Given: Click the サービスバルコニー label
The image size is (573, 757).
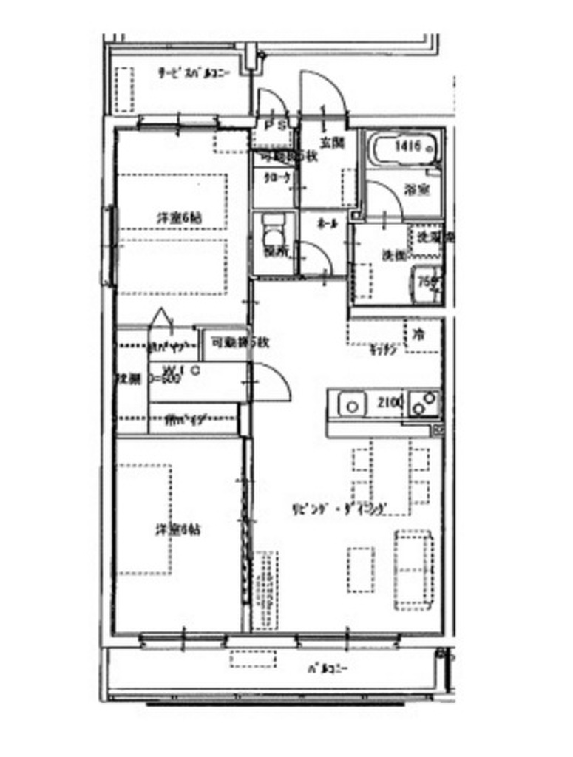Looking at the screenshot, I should click(x=194, y=72).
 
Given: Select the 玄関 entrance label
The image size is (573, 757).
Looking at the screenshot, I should click(x=330, y=143).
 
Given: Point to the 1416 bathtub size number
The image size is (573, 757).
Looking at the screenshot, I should click(x=408, y=146).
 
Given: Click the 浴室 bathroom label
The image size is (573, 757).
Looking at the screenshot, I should click(x=415, y=189).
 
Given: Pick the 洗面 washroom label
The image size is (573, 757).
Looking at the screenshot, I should click(x=392, y=255).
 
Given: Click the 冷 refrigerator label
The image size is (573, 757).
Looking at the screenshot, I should click(x=419, y=332).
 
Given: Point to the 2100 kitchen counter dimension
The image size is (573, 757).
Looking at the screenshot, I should click(x=390, y=404).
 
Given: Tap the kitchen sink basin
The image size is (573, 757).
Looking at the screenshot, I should click(x=353, y=405).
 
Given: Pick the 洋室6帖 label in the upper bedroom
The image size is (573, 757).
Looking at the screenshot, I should click(x=179, y=218).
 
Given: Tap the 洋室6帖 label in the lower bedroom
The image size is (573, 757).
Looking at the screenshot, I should click(x=177, y=529).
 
